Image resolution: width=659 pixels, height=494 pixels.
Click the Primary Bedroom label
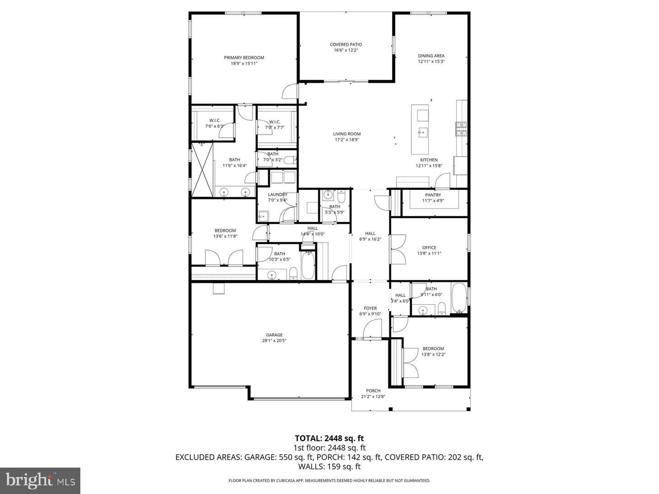244,58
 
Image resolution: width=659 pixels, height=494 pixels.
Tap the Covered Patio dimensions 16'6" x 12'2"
346,50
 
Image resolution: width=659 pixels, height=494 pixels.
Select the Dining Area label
431,56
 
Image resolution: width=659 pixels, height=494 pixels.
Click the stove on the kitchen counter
461,129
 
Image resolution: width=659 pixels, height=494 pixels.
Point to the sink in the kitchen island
422,133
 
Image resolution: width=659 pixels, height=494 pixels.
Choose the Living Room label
346,134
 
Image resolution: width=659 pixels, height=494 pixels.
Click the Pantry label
433,195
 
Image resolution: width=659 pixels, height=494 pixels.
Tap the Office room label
429,247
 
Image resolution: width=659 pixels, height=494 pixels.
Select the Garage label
274,335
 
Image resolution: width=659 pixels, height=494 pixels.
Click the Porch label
373,391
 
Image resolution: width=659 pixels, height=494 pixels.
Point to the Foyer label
370,308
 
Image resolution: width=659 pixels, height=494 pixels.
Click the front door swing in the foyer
373,329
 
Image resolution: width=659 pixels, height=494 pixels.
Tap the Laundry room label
277,194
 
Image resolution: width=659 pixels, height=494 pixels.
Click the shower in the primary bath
202,169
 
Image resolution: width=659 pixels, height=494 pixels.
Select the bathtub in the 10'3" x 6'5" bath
308,266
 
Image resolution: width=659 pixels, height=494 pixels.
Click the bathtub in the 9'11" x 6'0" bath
459,298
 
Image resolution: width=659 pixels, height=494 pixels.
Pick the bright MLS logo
40,480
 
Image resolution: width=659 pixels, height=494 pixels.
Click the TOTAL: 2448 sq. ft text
329,438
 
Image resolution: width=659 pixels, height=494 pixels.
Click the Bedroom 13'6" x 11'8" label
225,231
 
